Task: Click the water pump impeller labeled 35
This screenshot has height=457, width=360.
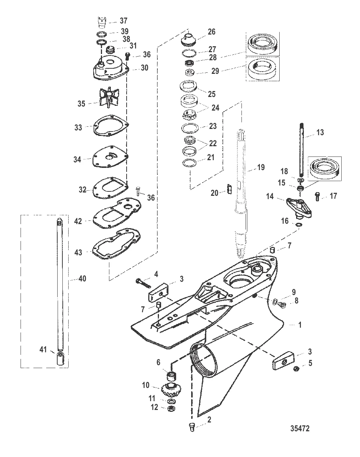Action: point(109,97)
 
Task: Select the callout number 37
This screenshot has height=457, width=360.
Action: point(123,21)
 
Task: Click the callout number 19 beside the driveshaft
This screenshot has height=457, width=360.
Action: point(261,168)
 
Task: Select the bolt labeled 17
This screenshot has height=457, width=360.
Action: point(317,197)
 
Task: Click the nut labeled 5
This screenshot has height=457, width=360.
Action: point(297,369)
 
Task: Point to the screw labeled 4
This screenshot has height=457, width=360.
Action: point(143,283)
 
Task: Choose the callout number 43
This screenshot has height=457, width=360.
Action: point(78,252)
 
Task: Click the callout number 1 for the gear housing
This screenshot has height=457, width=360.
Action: point(300,325)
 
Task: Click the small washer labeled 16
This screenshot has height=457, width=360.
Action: point(298,224)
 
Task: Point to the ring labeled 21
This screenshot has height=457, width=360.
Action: point(189,163)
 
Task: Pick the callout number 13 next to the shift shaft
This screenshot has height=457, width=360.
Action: point(320,132)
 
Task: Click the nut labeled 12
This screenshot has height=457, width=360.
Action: point(171,408)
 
